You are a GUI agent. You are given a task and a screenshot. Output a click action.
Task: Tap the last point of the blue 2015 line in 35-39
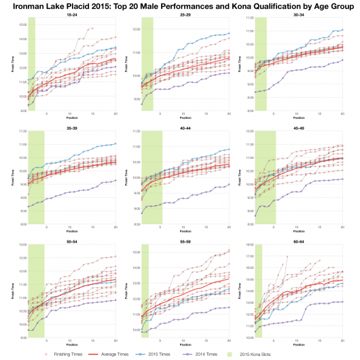pyautogui.click(x=115, y=143)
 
